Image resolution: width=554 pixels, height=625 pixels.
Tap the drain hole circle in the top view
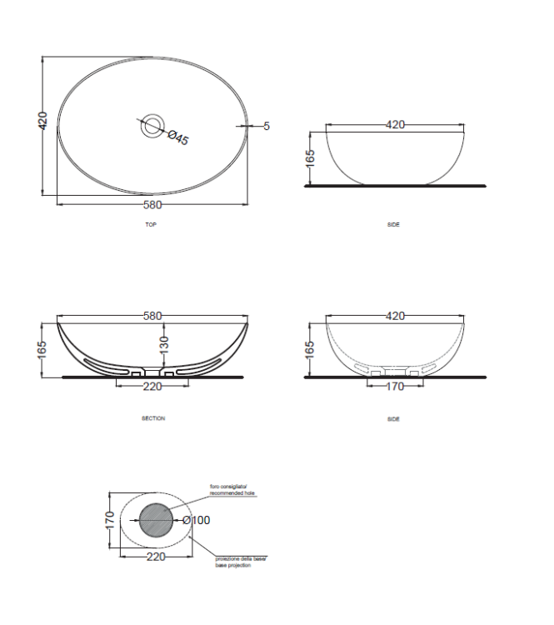(152, 127)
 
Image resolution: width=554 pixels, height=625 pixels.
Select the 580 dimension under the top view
(152, 205)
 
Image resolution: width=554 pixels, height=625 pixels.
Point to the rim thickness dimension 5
(267, 127)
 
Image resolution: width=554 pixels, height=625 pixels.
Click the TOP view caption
(151, 225)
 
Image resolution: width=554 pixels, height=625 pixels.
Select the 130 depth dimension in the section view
(163, 342)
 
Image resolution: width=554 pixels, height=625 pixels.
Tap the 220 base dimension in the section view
(152, 386)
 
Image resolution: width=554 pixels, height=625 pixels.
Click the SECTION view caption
(152, 418)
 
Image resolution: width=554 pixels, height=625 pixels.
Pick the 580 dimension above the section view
(152, 317)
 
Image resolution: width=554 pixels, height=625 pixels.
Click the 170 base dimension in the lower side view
(394, 386)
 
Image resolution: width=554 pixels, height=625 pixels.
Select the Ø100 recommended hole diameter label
(197, 521)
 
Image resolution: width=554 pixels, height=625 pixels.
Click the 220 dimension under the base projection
(156, 557)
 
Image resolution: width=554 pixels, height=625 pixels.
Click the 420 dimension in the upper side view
(395, 125)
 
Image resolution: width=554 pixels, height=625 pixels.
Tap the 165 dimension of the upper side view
(310, 157)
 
